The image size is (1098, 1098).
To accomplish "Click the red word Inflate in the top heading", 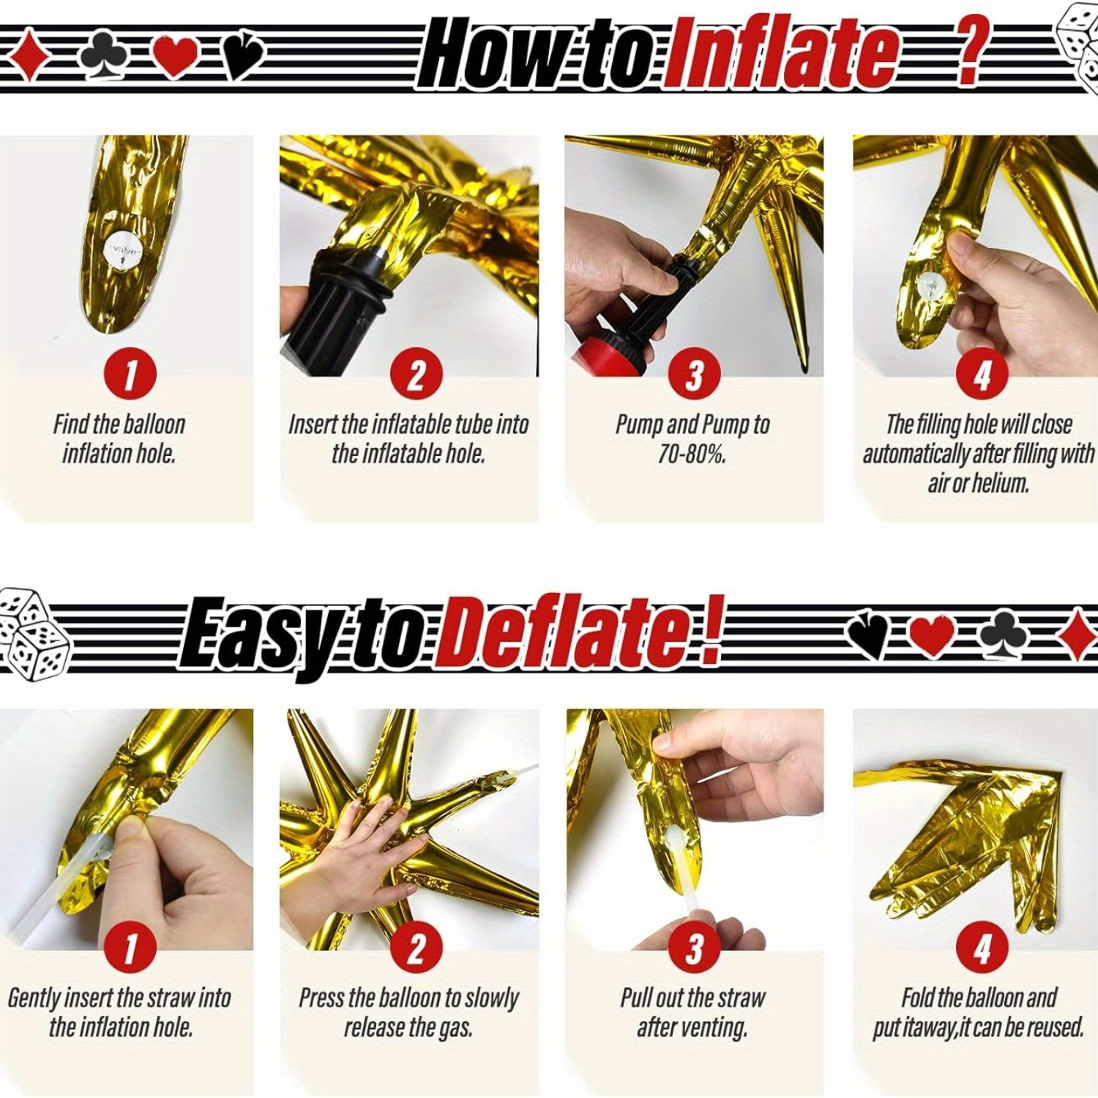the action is pos(783,53).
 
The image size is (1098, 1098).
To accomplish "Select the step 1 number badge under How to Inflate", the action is pos(130,374).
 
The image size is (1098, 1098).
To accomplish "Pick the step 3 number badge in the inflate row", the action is pos(693,374).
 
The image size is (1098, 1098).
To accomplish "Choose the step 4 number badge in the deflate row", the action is pos(982,947).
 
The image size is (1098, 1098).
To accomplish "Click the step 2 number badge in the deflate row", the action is pos(416,947).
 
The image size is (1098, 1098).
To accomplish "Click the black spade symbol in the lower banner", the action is pos(871,632).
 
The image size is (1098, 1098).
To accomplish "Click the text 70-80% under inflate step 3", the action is pos(691,455).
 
